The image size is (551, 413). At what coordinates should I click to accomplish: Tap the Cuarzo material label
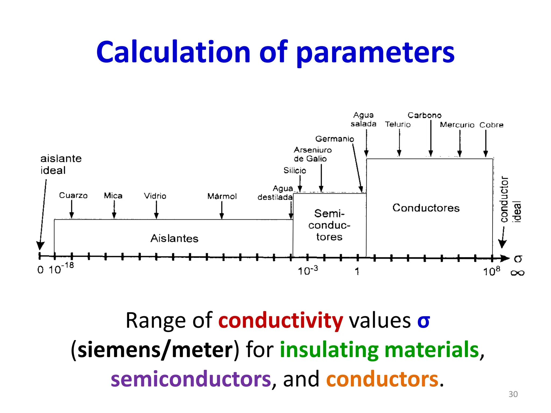[73, 195]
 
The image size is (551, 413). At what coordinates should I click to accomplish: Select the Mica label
[113, 195]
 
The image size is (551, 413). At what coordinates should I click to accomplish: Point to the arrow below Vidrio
[156, 209]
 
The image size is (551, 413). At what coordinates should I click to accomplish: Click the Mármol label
[222, 196]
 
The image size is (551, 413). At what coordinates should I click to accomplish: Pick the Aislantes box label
[174, 238]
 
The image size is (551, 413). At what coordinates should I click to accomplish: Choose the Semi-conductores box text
[329, 225]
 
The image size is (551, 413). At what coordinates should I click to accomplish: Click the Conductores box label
[426, 208]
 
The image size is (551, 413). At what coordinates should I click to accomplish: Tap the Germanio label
[334, 139]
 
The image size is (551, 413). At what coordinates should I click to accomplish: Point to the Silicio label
[295, 170]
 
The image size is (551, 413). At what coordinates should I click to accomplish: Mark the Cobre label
[491, 125]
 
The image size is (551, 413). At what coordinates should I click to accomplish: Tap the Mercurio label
[457, 125]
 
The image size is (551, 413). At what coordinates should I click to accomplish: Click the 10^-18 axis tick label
[61, 269]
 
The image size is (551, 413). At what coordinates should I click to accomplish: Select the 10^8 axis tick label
[491, 271]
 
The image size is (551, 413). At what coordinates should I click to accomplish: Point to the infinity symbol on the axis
[517, 273]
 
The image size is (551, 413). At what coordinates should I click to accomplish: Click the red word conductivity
[281, 320]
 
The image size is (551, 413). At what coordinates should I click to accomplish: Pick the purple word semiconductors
[191, 379]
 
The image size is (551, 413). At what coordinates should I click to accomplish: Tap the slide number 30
[513, 394]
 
